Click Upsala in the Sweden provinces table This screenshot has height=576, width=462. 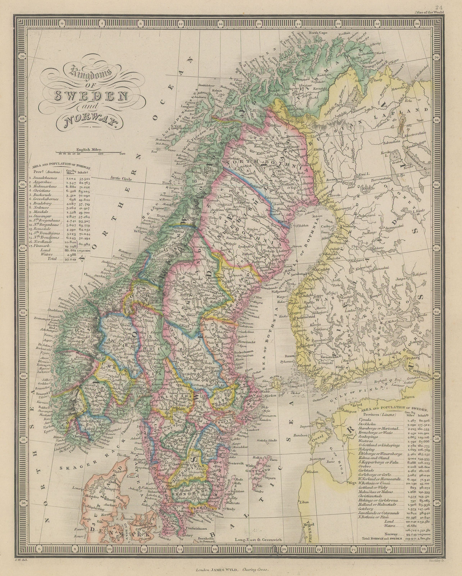point(366,420)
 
